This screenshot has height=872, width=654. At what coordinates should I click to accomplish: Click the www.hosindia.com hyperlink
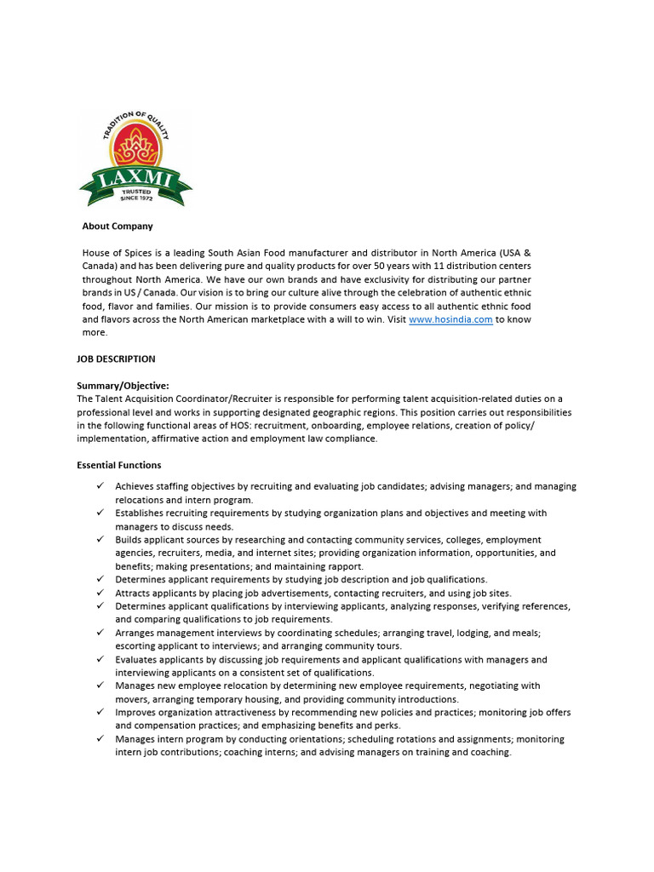(450, 319)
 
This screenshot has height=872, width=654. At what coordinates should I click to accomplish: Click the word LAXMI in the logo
(135, 179)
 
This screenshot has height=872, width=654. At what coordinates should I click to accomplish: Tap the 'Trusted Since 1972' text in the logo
(135, 196)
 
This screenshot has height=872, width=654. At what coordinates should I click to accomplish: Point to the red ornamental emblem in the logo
(135, 148)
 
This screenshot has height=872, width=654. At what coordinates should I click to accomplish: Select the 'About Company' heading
(118, 227)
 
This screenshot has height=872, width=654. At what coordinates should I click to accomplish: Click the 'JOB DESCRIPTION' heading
(116, 359)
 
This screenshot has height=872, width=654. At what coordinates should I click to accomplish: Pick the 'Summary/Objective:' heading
(123, 386)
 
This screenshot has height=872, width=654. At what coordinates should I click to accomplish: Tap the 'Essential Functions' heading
(118, 465)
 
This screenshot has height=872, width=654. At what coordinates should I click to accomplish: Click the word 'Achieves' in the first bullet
(135, 486)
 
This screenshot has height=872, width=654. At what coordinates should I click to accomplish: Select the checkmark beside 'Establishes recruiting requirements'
(100, 513)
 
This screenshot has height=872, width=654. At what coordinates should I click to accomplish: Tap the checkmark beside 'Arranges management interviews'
(100, 633)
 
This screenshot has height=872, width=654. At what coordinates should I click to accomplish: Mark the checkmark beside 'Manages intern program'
(100, 739)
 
